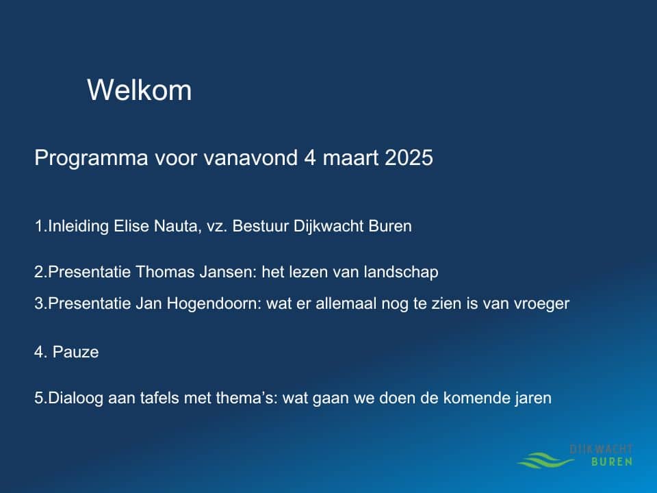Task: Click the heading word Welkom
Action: (139, 90)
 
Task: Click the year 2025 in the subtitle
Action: (409, 157)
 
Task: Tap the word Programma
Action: (91, 158)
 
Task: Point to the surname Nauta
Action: (177, 227)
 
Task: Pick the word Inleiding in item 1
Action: (79, 227)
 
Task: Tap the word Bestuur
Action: (260, 226)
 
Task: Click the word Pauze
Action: (75, 352)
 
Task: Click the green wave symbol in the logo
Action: (546, 460)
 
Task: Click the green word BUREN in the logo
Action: (612, 462)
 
